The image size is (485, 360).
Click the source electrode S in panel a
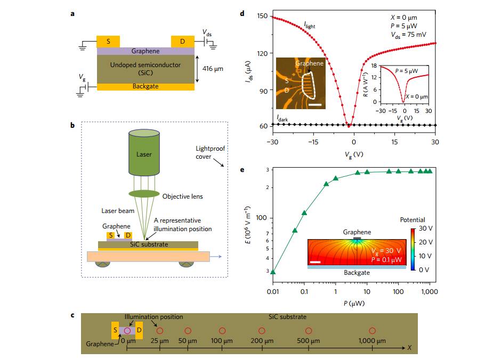tap(108, 42)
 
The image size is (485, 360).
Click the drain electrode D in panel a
tap(182, 42)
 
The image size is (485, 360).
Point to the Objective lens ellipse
tap(144, 193)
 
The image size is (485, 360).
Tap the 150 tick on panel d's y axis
tap(261, 16)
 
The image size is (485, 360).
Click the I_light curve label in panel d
tap(312, 24)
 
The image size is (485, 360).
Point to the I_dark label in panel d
tap(282, 120)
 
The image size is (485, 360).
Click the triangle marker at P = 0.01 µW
tap(273, 272)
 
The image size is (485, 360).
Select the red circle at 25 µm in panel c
tap(160, 331)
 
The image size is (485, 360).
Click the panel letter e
tap(243, 170)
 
